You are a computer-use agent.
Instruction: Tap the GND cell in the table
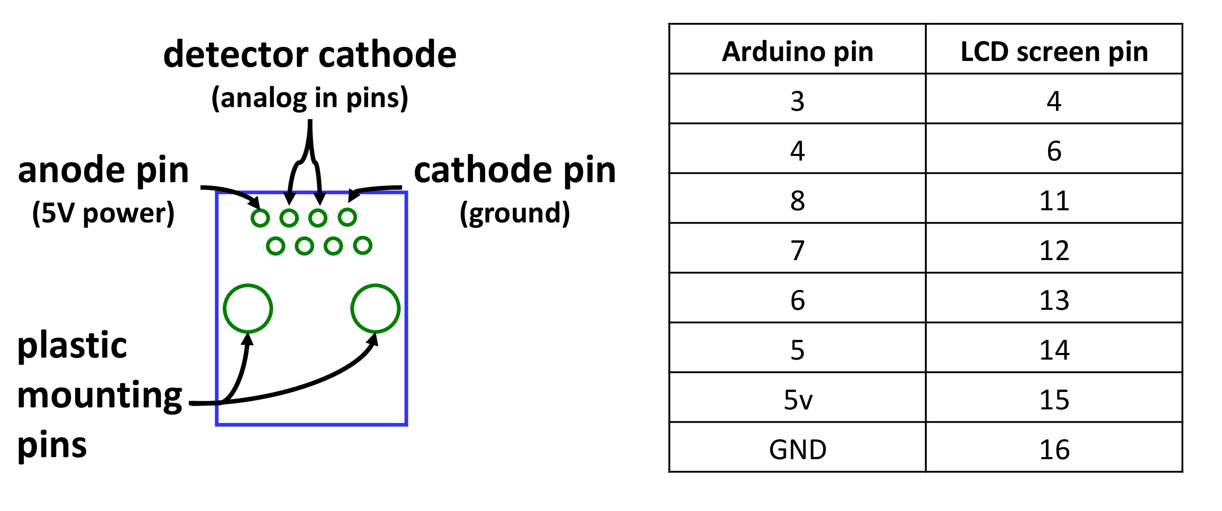[x=797, y=449]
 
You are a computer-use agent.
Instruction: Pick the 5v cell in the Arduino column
[x=797, y=399]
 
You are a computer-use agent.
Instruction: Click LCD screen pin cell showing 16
[x=1053, y=449]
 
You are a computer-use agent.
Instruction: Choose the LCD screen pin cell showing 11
[x=1053, y=200]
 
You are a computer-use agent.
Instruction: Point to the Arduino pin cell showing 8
[x=797, y=200]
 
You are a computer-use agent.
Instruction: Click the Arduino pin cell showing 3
[x=797, y=101]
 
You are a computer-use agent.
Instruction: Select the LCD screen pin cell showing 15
[x=1053, y=399]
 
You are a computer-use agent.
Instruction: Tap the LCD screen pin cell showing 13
[x=1053, y=300]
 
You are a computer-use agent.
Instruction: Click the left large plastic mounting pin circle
[x=248, y=309]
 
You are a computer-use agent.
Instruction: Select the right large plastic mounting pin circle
[x=375, y=309]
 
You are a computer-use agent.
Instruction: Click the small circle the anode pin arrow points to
[x=260, y=218]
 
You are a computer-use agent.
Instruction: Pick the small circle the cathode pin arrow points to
[x=347, y=217]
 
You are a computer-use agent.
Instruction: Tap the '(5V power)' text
[x=103, y=213]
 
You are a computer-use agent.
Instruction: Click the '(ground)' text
[x=515, y=213]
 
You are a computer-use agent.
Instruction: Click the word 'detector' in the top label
[x=236, y=54]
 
